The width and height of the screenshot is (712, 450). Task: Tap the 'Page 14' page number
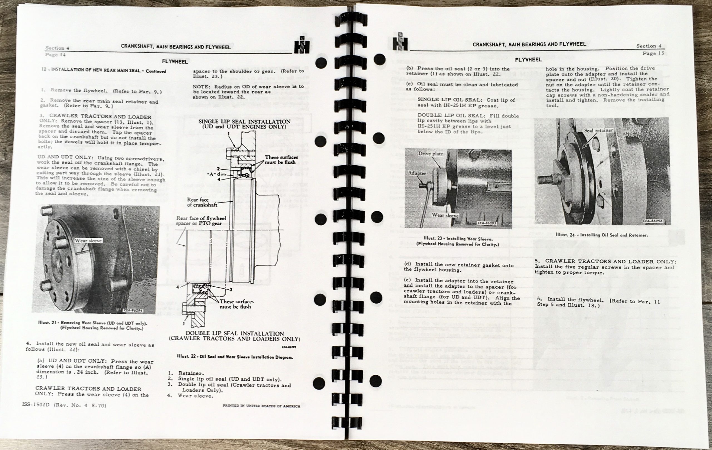coord(55,55)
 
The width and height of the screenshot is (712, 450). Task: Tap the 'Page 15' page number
coord(653,53)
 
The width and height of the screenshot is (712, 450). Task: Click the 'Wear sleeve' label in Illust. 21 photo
coord(88,241)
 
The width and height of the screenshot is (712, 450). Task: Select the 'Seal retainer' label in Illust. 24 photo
coord(598,130)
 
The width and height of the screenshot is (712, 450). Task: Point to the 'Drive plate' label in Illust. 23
coord(430,154)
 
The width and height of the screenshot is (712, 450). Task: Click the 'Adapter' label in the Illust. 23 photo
coord(417,173)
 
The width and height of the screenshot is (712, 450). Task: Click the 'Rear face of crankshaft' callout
coord(202,202)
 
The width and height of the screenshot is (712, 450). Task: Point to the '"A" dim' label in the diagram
coord(216,174)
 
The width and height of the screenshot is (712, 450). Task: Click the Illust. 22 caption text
coord(235,357)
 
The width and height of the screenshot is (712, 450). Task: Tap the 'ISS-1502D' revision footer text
coord(64,405)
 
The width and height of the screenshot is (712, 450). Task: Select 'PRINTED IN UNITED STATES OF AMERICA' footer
coord(261,406)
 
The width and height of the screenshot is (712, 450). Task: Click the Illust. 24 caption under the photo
coord(602,235)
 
